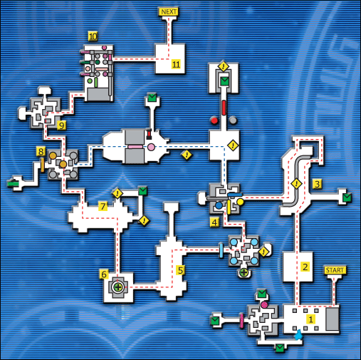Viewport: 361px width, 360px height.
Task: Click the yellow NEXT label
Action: (x=169, y=11)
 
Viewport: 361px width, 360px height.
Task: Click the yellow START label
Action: (x=335, y=270)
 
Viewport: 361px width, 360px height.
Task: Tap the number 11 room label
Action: (x=176, y=64)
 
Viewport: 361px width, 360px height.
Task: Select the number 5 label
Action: (x=181, y=270)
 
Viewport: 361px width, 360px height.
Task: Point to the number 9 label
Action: (x=62, y=125)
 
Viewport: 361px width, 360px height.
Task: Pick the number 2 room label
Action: (x=305, y=267)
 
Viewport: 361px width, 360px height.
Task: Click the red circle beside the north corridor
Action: (x=214, y=120)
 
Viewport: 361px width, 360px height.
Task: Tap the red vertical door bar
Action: (x=224, y=108)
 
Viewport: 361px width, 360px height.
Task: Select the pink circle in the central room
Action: (x=151, y=147)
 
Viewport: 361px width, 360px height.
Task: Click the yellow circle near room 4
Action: (x=240, y=202)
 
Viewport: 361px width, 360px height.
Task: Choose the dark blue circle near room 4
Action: (x=219, y=205)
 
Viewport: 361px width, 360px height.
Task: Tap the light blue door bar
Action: (x=221, y=250)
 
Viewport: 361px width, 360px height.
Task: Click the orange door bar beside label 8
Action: (x=43, y=165)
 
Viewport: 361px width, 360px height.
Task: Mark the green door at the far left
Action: (x=13, y=183)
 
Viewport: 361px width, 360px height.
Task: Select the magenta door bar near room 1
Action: (x=242, y=321)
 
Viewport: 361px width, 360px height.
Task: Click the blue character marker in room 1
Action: (x=298, y=335)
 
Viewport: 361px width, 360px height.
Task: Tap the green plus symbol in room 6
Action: (x=118, y=287)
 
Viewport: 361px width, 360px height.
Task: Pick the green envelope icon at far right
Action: (x=347, y=197)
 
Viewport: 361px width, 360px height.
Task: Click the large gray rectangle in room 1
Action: (x=333, y=319)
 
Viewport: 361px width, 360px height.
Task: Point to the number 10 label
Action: (x=93, y=36)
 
